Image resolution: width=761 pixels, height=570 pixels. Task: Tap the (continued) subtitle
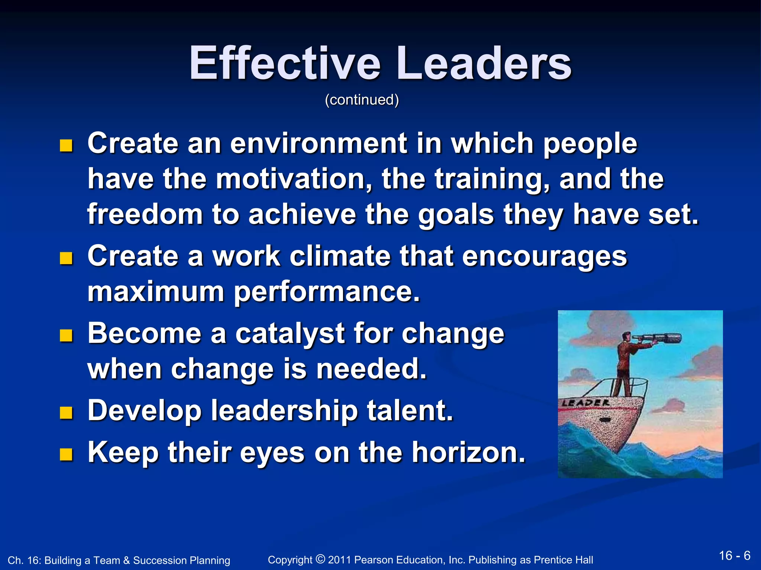click(x=362, y=100)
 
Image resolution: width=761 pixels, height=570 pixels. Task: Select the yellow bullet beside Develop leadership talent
click(x=66, y=412)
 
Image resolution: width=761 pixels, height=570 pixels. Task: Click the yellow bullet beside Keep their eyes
click(x=66, y=454)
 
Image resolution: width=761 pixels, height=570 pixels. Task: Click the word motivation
click(x=294, y=179)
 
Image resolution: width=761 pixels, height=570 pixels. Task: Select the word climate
click(x=340, y=256)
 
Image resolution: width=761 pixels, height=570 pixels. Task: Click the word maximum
click(x=156, y=292)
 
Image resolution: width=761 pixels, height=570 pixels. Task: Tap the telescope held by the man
click(x=658, y=338)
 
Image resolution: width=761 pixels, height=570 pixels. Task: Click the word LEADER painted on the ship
click(x=586, y=403)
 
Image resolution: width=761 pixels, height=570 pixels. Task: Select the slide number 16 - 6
click(x=734, y=556)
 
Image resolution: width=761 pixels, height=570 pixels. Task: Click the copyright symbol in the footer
click(x=320, y=558)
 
